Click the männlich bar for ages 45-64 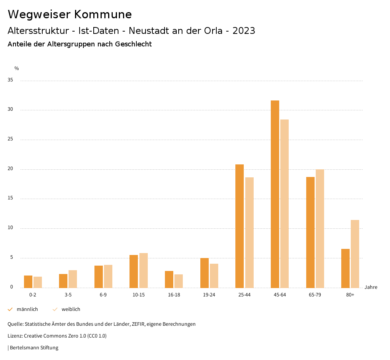pos(275,194)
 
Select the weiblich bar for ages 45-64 pos(285,204)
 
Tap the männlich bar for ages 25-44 pos(240,226)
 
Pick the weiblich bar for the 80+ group pos(355,254)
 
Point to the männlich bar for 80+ pos(345,268)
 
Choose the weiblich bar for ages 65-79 pos(320,228)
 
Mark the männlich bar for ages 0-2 pos(28,282)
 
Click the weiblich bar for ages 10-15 pos(144,271)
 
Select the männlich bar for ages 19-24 pos(205,273)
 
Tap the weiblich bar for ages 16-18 pos(179,281)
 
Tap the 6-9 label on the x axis pos(103,295)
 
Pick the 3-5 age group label pos(68,295)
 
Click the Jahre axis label pos(371,287)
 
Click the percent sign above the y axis pos(16,68)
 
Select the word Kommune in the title pos(103,14)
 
